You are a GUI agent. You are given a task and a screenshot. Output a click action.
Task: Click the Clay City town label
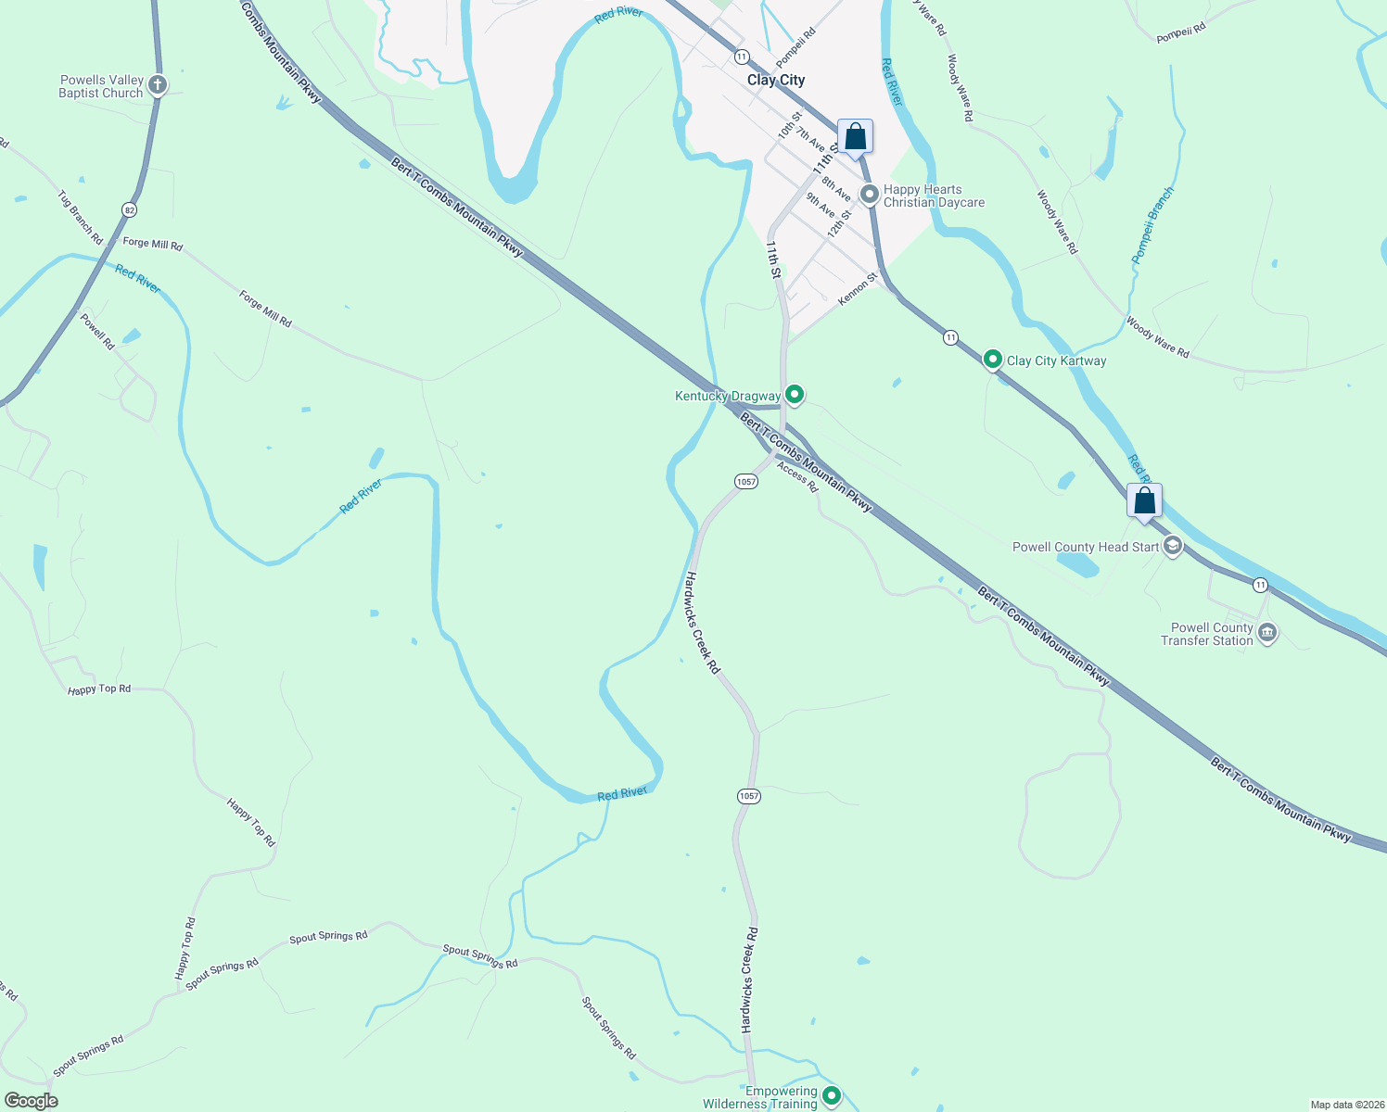point(776,81)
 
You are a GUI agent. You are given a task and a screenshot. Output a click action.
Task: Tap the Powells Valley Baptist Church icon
point(158,86)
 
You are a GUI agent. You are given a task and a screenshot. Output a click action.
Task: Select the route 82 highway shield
point(129,210)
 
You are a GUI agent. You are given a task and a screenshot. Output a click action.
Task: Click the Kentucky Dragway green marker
point(794,395)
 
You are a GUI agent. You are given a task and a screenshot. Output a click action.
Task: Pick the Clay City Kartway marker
point(992,360)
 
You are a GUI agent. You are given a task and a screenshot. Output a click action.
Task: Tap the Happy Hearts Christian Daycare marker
point(870,195)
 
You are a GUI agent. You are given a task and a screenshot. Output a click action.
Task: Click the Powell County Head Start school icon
point(1173,546)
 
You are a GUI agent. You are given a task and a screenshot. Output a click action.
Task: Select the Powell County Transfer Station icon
point(1267,634)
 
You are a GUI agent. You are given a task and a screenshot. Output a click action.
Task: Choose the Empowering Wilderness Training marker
point(832,1096)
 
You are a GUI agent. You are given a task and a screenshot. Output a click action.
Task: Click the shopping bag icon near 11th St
point(855,137)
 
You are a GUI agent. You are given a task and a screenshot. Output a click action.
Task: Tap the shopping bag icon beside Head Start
point(1145,500)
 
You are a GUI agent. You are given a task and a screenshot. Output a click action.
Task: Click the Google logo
point(32,1101)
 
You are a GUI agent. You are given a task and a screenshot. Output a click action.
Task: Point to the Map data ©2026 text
point(1346,1105)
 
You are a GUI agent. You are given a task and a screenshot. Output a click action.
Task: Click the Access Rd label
point(797,477)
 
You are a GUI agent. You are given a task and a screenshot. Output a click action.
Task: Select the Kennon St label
point(858,289)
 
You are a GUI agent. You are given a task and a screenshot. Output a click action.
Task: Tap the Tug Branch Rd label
point(81,218)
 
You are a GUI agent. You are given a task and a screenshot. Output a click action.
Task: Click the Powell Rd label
point(97,332)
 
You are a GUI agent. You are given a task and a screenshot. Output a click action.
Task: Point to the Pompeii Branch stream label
point(1154,225)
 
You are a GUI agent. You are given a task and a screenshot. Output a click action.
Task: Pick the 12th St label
point(839,223)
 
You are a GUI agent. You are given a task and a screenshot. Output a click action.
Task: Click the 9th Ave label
point(821,205)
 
